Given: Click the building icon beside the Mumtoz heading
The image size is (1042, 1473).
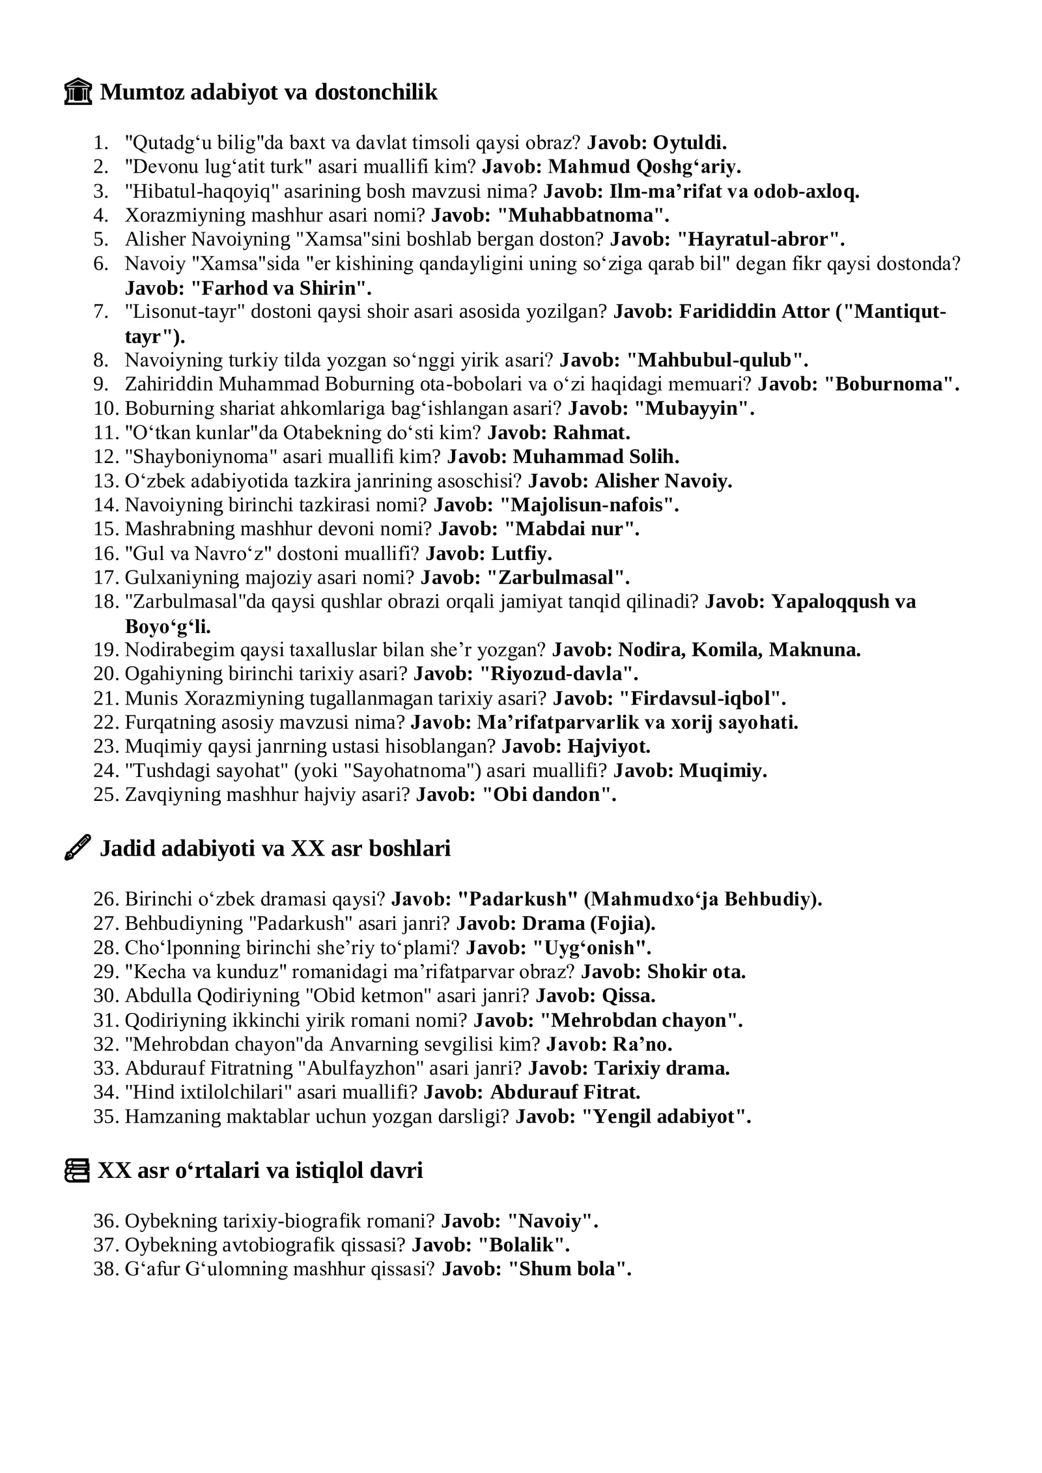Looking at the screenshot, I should tap(77, 92).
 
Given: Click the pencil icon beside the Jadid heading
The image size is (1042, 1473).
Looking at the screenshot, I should tap(77, 849).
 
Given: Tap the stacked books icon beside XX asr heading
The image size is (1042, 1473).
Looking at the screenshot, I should tap(77, 1170).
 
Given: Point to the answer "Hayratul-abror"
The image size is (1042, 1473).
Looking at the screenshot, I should tap(761, 239).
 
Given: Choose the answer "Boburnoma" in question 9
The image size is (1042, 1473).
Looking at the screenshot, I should tap(892, 384).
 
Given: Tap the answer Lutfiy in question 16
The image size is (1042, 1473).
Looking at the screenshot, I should tap(522, 554).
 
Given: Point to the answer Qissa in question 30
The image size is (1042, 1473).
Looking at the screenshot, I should tap(628, 996).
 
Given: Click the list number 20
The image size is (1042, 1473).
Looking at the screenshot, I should tap(106, 673).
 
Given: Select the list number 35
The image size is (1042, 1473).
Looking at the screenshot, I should tap(106, 1116).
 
